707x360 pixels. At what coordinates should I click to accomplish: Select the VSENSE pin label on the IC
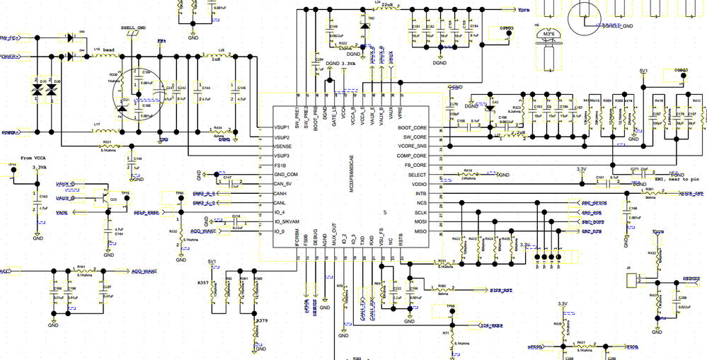285,146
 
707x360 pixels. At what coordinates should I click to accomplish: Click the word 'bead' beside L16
108,50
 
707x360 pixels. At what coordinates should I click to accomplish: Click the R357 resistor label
203,281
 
